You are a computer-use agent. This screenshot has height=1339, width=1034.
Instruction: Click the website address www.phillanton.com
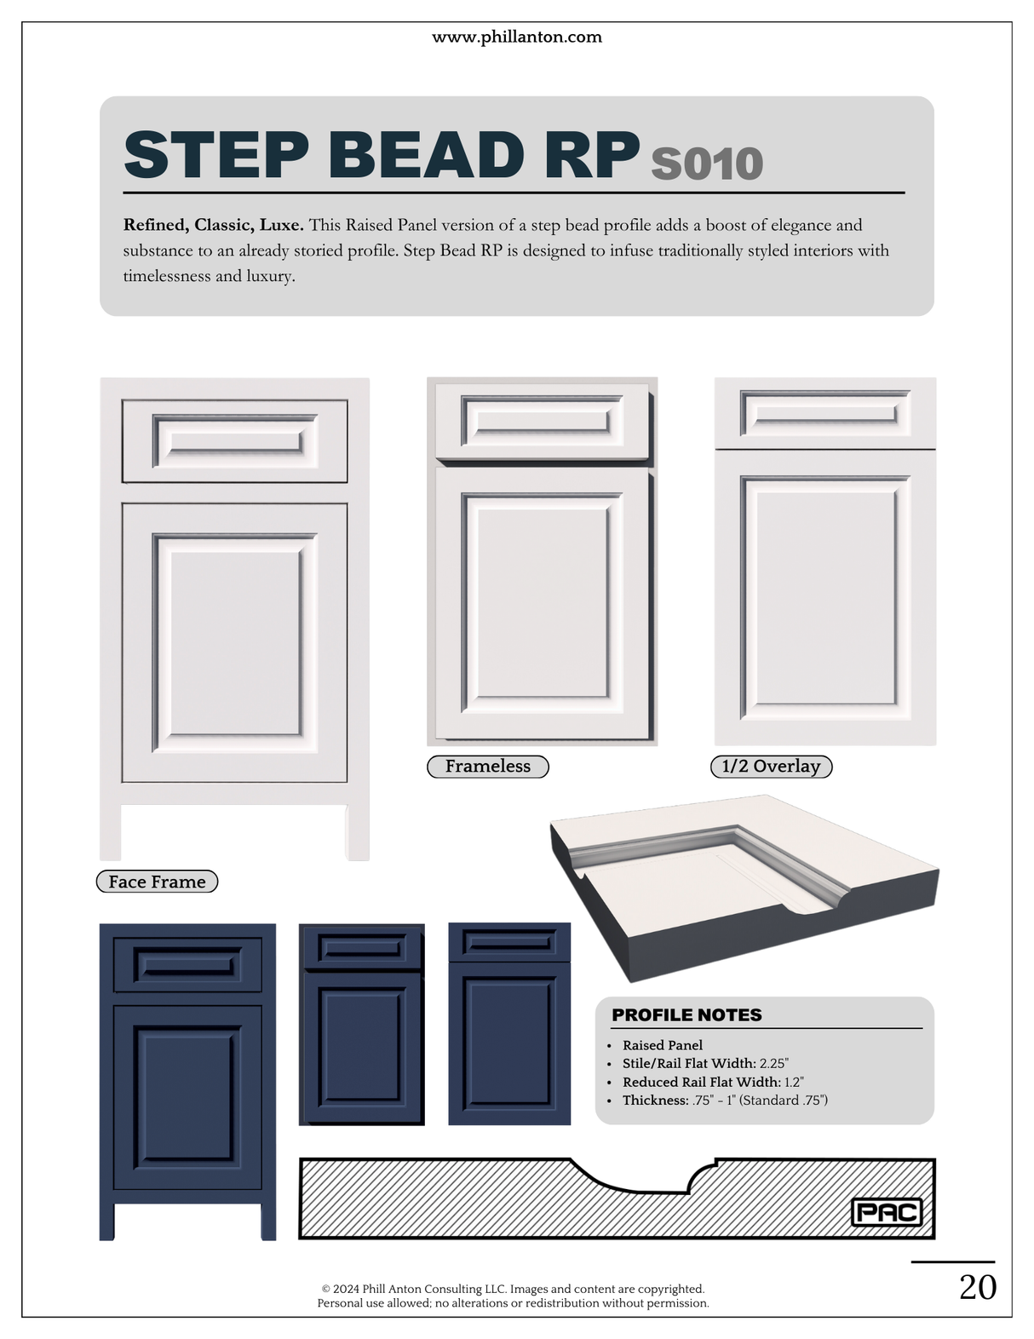point(516,37)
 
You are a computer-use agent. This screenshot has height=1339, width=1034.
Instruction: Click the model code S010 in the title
point(706,164)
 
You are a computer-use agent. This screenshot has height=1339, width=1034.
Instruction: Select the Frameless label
point(487,767)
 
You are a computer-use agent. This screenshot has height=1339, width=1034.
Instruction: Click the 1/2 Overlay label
point(771,767)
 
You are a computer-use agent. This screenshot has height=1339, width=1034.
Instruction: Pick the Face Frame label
point(157,882)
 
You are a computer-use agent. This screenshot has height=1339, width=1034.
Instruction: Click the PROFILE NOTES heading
point(686,1014)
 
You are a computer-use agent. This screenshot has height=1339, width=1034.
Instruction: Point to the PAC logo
point(887,1212)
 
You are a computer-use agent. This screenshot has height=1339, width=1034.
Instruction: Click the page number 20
point(977,1287)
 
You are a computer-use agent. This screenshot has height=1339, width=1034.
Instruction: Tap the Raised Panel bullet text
point(662,1045)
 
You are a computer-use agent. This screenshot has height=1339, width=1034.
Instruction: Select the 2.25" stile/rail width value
point(773,1063)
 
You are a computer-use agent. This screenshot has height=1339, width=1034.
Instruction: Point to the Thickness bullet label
point(655,1101)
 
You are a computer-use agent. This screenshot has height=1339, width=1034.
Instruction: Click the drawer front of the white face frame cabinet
point(234,441)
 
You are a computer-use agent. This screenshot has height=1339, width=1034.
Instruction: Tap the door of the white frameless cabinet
point(542,601)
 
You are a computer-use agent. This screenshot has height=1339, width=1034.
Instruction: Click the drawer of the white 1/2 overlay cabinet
point(824,412)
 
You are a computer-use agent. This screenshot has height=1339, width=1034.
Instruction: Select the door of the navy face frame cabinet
point(187,1097)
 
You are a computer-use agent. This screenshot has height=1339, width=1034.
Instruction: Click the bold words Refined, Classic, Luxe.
point(213,225)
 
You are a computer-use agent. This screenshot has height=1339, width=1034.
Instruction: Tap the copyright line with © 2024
point(513,1289)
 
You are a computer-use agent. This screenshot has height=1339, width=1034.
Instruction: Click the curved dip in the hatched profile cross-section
point(647,1187)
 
